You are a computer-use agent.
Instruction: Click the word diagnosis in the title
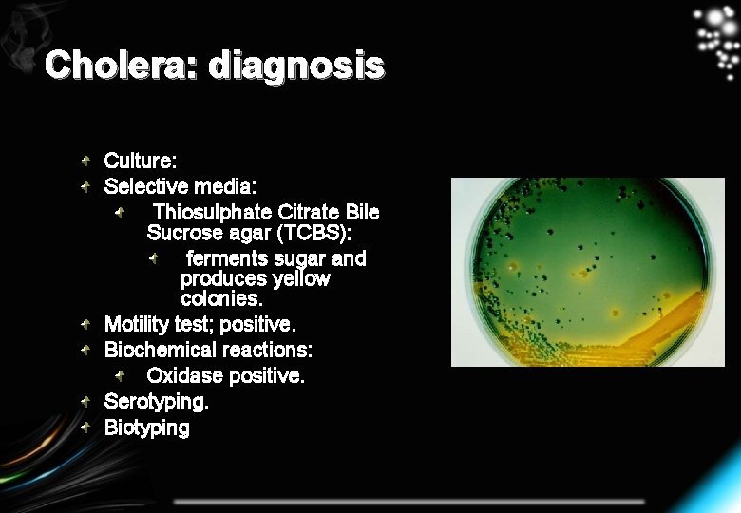pyautogui.click(x=296, y=66)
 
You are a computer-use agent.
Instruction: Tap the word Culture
pyautogui.click(x=140, y=161)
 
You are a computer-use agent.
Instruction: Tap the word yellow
pyautogui.click(x=301, y=279)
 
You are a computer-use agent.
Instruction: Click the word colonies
pyautogui.click(x=220, y=299)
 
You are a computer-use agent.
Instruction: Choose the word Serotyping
pyautogui.click(x=156, y=402)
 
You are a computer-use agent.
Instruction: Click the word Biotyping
pyautogui.click(x=146, y=427)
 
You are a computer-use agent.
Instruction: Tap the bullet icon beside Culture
pyautogui.click(x=86, y=161)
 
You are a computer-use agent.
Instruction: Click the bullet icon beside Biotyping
pyautogui.click(x=86, y=427)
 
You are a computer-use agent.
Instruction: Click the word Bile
pyautogui.click(x=363, y=212)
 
